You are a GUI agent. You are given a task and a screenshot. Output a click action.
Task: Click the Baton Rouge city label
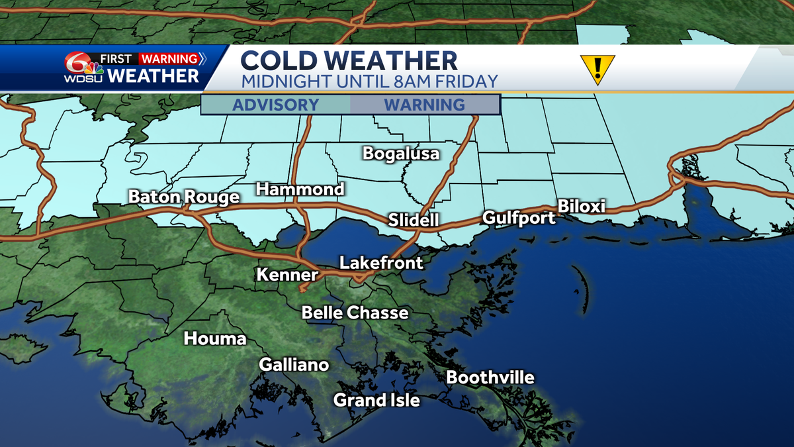pyautogui.click(x=184, y=197)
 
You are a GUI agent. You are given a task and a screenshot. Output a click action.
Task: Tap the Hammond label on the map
pyautogui.click(x=300, y=189)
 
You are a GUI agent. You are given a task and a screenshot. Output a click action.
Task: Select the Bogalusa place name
pyautogui.click(x=401, y=154)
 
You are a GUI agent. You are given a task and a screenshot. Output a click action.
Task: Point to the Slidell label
pyautogui.click(x=414, y=220)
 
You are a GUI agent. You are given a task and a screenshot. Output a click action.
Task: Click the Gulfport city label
pyautogui.click(x=519, y=217)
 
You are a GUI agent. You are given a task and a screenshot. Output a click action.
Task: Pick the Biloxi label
pyautogui.click(x=582, y=206)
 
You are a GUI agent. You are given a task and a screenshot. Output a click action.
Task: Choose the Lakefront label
pyautogui.click(x=381, y=263)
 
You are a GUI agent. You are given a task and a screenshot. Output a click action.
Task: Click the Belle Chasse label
pyautogui.click(x=355, y=313)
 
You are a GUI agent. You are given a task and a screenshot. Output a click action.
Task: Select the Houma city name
pyautogui.click(x=214, y=339)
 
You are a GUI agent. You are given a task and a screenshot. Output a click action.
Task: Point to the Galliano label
pyautogui.click(x=294, y=365)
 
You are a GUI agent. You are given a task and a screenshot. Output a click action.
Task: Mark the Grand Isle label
pyautogui.click(x=376, y=400)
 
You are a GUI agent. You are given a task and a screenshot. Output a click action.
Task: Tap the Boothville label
pyautogui.click(x=490, y=377)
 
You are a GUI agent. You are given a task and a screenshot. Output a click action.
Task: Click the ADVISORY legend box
pyautogui.click(x=276, y=105)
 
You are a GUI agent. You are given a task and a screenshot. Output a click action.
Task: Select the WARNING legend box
pyautogui.click(x=424, y=105)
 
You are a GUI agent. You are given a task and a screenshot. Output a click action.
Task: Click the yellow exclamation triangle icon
pyautogui.click(x=597, y=68)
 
